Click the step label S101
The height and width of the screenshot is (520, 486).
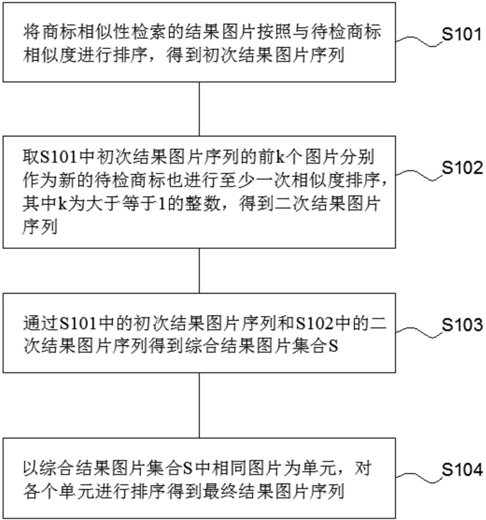tap(462, 34)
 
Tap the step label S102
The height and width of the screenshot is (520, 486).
tap(462, 168)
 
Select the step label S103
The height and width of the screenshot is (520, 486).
tap(462, 324)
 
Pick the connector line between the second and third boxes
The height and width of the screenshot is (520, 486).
tap(200, 270)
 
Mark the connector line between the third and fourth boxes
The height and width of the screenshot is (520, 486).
tap(200, 404)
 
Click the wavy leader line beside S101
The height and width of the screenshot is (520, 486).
tap(419, 40)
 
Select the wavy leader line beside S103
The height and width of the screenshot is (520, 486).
tap(419, 330)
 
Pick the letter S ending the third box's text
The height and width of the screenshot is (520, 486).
tap(333, 347)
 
